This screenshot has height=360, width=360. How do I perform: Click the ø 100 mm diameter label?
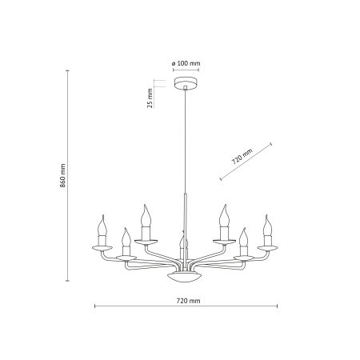185,62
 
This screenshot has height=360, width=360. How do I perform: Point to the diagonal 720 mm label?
242,154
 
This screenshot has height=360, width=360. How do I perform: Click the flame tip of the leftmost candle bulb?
102,218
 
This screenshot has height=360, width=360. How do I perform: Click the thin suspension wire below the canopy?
185,144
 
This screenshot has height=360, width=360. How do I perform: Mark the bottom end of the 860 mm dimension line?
67,282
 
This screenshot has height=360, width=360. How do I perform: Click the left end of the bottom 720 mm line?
95,306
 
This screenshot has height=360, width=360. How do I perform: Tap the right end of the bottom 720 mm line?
274,306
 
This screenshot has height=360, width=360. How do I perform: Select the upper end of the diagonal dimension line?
272,144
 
